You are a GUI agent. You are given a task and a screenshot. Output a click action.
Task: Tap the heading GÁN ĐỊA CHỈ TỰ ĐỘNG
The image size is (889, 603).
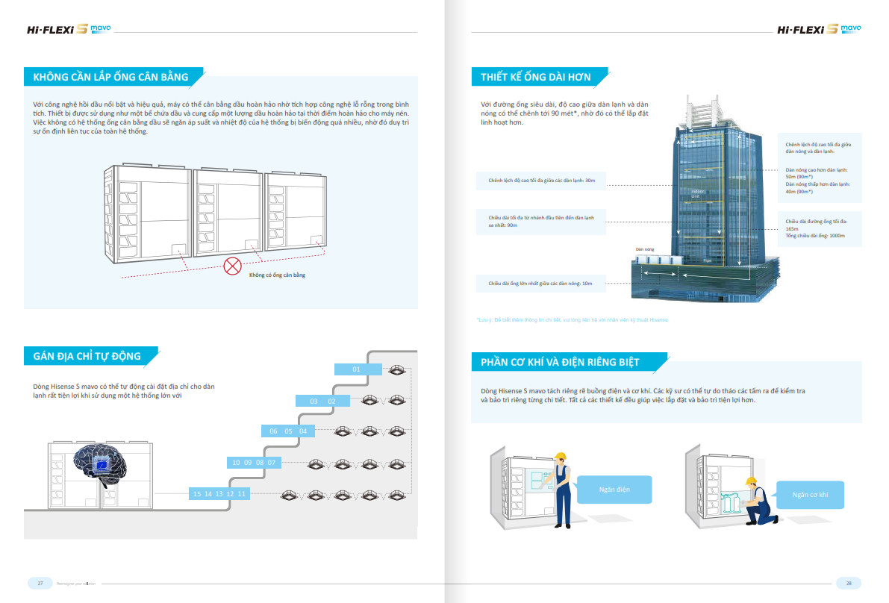coord(87,356)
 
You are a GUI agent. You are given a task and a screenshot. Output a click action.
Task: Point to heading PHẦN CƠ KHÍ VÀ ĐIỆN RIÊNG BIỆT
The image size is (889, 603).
coord(560,363)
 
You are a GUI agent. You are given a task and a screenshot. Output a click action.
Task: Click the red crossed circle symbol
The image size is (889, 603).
coord(233,264)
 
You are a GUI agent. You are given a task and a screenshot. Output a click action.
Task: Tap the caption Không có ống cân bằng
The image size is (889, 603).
coord(277,275)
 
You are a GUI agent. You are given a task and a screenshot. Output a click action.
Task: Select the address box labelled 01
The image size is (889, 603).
coord(356,369)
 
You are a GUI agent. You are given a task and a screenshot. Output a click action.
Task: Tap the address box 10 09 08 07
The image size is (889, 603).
coord(254,463)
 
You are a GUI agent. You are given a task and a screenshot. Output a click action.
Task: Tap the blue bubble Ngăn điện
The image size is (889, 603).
coord(614,490)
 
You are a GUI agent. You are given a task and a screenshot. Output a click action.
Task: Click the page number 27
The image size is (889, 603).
coord(40,583)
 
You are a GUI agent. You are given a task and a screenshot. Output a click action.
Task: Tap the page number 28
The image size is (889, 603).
coord(849,583)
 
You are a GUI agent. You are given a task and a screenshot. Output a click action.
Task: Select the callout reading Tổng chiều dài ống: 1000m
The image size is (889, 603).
coord(815,236)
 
